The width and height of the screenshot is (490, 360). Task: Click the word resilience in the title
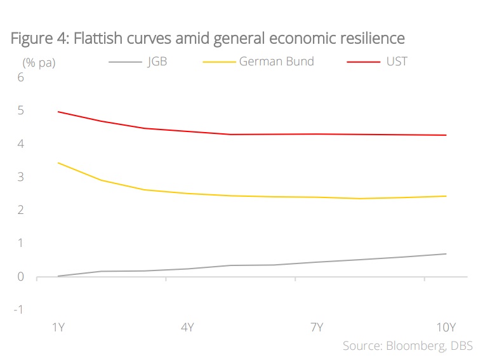(x=371, y=39)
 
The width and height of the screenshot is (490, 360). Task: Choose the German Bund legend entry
(x=276, y=62)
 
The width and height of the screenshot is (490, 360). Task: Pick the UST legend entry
(x=397, y=62)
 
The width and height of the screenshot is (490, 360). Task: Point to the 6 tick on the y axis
(x=20, y=77)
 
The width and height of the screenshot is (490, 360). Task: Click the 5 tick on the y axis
(x=20, y=111)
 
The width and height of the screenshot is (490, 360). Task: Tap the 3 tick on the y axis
(x=20, y=177)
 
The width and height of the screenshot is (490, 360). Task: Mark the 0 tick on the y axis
(x=20, y=277)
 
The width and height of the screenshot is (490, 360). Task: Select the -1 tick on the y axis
(x=18, y=310)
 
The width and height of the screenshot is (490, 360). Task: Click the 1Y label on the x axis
(x=58, y=328)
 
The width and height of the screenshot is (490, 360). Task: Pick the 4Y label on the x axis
(x=187, y=328)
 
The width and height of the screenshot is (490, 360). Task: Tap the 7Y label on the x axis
(x=317, y=328)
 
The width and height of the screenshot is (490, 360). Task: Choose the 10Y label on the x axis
(x=446, y=328)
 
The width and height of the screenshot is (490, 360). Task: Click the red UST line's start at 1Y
(x=58, y=112)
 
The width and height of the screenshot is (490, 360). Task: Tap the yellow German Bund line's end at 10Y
(x=446, y=196)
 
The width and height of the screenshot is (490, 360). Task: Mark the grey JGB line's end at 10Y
(x=446, y=254)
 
